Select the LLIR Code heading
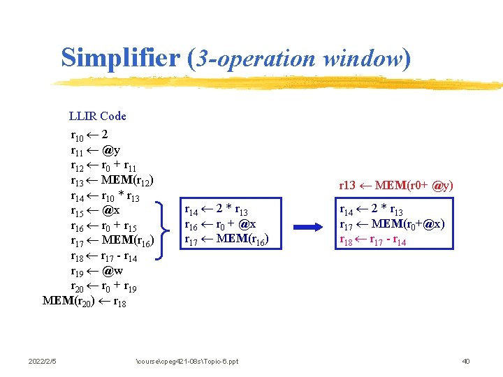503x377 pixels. click(97, 116)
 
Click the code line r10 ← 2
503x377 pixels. click(89, 134)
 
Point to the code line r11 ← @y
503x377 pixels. click(95, 149)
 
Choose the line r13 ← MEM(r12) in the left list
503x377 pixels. click(112, 180)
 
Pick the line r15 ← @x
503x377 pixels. click(95, 210)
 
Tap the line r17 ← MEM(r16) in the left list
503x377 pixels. click(112, 241)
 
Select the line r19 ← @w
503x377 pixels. click(96, 271)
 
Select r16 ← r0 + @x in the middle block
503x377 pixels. click(219, 225)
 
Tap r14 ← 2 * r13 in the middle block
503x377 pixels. click(214, 210)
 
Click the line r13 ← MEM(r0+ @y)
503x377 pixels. click(395, 186)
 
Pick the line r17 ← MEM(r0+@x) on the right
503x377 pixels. click(392, 225)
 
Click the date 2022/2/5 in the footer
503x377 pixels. click(42, 361)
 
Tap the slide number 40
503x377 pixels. click(466, 361)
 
